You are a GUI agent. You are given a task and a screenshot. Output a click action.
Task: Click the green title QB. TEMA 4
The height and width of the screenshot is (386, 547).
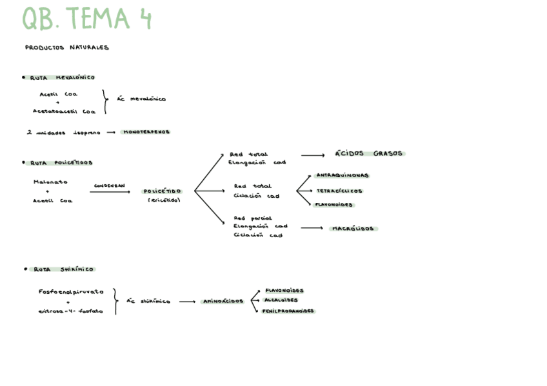pos(87,19)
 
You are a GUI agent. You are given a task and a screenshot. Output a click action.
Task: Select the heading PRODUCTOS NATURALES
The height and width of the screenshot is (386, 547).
pos(67,47)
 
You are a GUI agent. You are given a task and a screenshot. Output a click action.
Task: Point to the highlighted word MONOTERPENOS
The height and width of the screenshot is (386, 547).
pos(146,131)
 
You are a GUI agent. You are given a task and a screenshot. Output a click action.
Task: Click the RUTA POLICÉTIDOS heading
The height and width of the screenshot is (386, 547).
pos(61,163)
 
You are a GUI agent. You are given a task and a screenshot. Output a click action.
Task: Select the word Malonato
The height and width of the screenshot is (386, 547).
pos(50,182)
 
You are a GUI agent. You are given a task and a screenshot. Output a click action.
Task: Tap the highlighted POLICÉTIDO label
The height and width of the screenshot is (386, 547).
pos(163,191)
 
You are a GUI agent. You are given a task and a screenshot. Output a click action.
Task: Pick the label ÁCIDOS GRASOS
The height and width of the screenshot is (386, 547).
pos(369,153)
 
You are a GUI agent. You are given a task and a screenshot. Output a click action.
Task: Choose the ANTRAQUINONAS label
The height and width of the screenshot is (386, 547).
pos(343,175)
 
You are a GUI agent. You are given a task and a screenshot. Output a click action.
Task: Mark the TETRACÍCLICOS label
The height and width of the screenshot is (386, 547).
pos(339,191)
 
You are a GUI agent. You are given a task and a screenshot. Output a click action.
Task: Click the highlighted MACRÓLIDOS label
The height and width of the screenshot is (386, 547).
pos(354,229)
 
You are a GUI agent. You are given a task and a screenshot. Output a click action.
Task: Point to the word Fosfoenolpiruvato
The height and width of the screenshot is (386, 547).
pos(71,291)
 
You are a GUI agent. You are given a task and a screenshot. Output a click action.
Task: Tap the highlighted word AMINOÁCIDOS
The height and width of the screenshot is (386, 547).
pos(223,301)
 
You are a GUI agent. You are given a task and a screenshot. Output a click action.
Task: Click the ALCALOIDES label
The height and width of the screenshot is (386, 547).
pos(281,300)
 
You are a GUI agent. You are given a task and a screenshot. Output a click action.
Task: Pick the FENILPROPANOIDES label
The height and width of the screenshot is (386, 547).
pos(288,311)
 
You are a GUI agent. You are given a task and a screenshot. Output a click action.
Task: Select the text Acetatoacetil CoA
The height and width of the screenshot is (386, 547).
pos(64,111)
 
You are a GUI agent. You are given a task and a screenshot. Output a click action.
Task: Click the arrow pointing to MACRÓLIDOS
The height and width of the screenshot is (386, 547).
pos(312,228)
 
